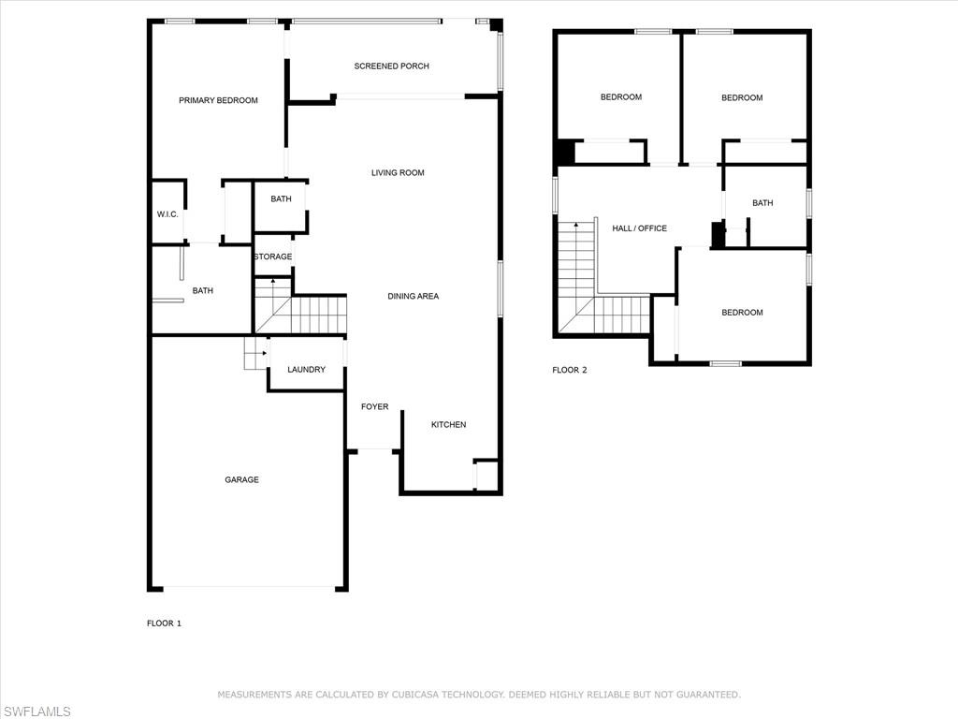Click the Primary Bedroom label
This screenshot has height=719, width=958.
(218, 100)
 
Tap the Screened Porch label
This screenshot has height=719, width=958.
(392, 66)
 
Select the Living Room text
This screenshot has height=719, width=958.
(398, 173)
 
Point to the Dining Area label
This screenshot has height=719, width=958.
(413, 297)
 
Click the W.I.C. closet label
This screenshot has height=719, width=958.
(167, 214)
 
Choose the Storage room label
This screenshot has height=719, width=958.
(273, 257)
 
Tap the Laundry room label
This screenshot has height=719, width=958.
(306, 370)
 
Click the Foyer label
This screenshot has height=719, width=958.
(374, 407)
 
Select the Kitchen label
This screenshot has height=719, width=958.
(448, 425)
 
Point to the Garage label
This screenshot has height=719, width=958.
(242, 480)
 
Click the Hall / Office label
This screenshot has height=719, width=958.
(640, 228)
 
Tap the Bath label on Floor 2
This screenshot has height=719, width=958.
(762, 203)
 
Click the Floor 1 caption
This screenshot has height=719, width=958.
(164, 624)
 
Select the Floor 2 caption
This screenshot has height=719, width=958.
(570, 370)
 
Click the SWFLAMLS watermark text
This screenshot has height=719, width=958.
(36, 712)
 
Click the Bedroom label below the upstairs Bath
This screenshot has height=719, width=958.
(742, 313)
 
